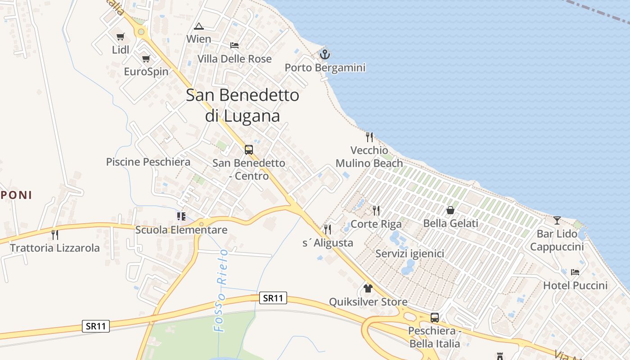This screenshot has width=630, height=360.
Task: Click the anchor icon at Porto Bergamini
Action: [324, 54]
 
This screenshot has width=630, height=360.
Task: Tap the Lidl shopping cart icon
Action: [120, 37]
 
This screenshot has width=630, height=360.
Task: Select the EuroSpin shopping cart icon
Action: [146, 58]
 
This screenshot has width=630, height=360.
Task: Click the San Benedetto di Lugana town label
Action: [243, 105]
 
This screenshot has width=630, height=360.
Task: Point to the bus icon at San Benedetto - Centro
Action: [249, 149]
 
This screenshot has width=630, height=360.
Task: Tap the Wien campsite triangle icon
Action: [199, 26]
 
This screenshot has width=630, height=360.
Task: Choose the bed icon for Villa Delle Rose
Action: [234, 45]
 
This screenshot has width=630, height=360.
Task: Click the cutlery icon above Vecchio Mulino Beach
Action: [369, 137]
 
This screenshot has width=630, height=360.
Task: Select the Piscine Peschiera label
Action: [148, 162]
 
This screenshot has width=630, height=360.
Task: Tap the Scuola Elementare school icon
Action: [181, 216]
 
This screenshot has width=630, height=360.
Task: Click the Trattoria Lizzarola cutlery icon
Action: [55, 234]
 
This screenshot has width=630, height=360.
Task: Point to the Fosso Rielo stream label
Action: [221, 291]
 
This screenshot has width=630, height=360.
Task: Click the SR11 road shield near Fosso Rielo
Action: [273, 298]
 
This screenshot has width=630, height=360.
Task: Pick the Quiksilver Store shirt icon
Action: [368, 288]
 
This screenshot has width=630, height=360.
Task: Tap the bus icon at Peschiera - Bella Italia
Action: [435, 318]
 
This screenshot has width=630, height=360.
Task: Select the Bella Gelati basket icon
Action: [450, 210]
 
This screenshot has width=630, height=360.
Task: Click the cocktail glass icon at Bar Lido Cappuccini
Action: [557, 220]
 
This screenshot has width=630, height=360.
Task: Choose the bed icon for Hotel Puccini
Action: [575, 272]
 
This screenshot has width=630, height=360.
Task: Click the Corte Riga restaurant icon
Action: [376, 210]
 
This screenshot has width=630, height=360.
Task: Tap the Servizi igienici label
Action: [410, 254]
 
